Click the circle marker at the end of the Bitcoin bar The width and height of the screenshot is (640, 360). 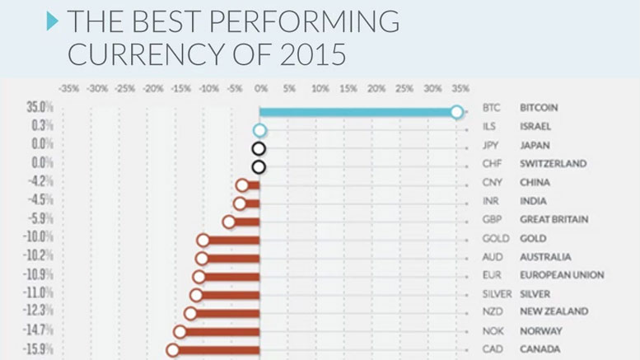tap(457, 112)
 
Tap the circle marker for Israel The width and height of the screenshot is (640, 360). tap(259, 130)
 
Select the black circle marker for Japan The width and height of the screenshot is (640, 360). tap(259, 149)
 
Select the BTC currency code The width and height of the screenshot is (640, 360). tap(491, 108)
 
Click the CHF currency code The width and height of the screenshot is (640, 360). tap(492, 163)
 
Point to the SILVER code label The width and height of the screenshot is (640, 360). tap(497, 292)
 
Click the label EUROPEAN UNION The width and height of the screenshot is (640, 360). tap(562, 274)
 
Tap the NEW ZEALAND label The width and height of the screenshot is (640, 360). tap(554, 311)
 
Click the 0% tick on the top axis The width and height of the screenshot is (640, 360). tap(262, 86)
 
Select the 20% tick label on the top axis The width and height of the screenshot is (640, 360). tap(376, 86)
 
